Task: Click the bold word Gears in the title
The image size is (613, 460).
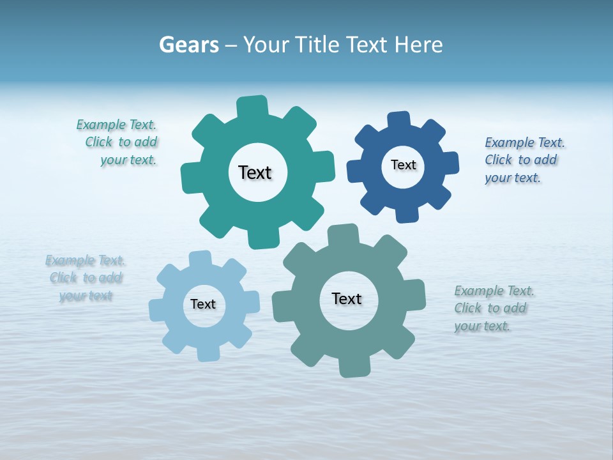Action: pos(189,45)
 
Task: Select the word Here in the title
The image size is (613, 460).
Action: pos(418,45)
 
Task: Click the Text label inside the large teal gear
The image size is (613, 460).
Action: pos(255,172)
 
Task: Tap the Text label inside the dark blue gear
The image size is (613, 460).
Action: pos(403,165)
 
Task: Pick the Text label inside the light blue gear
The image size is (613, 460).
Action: pos(203,304)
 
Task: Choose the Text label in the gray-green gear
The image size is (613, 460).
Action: pos(347,298)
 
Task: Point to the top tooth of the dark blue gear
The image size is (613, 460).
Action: pos(398,121)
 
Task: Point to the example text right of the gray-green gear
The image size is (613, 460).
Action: pos(492,308)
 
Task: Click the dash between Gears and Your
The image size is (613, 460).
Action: pos(231,45)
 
